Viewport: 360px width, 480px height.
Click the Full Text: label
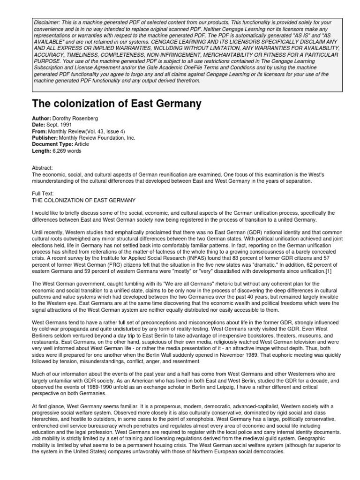[x=43, y=193]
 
